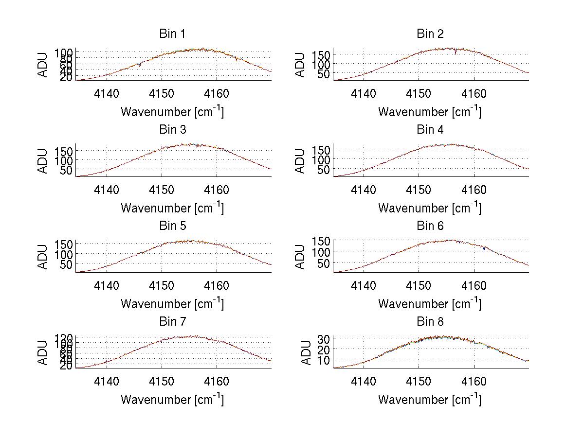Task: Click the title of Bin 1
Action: pos(172,34)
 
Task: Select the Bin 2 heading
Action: pos(430,34)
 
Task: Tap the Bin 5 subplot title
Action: pos(172,226)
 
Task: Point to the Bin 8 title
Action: pos(430,322)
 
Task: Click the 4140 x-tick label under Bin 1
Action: pos(107,93)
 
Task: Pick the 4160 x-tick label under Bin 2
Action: pos(474,93)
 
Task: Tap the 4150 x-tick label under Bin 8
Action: pos(419,382)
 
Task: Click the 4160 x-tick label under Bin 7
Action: pos(217,382)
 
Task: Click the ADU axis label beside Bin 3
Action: pos(43,161)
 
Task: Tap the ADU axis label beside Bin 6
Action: pos(300,257)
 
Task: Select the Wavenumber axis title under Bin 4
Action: pos(430,208)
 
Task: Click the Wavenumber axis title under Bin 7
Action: pos(172,400)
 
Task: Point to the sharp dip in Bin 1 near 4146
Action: pos(140,65)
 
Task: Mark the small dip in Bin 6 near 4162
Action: pos(485,249)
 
